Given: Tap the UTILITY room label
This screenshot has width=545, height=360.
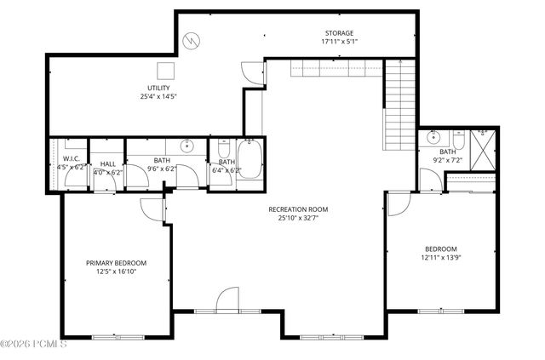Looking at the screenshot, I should click(x=158, y=87).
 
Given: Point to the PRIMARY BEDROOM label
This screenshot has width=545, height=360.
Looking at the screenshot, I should click(x=117, y=263).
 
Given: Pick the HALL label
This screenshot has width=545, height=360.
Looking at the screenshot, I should click(x=108, y=164).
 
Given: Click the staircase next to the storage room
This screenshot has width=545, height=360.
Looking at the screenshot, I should click(x=399, y=102).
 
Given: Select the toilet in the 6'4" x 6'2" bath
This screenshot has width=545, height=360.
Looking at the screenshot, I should click(x=223, y=146).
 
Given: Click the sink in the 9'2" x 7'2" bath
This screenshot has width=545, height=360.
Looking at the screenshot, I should click(x=434, y=137).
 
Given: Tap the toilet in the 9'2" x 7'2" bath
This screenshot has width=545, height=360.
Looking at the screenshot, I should click(x=459, y=138).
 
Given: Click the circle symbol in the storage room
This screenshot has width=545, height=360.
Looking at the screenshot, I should click(x=194, y=39).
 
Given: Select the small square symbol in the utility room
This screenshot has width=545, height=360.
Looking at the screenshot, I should click(x=166, y=71).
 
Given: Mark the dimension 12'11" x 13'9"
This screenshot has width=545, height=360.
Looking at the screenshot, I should click(x=442, y=258).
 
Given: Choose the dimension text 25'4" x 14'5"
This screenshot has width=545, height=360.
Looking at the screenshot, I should click(x=158, y=96).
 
